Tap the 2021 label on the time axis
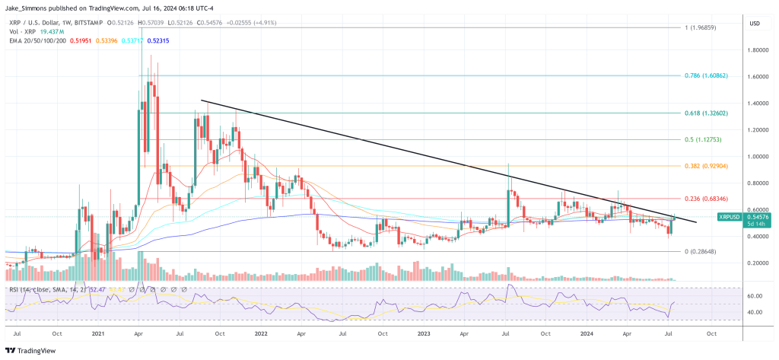pos(97,333)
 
